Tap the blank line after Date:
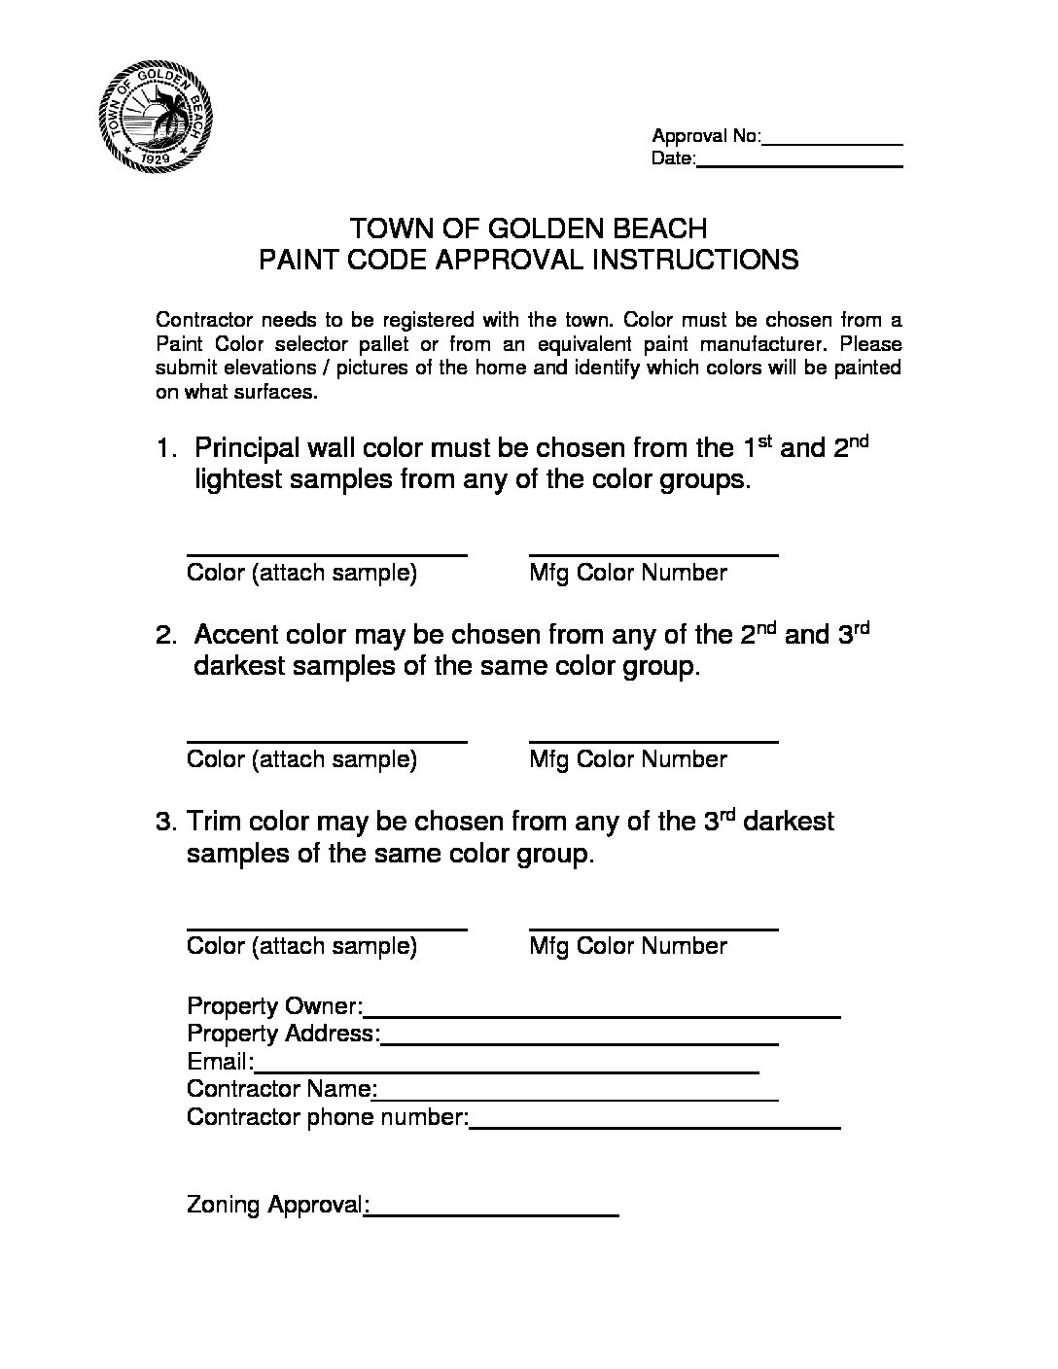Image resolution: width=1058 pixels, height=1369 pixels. [x=800, y=164]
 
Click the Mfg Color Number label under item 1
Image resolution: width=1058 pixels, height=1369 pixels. [x=628, y=573]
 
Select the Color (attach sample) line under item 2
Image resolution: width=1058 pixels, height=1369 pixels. [x=327, y=741]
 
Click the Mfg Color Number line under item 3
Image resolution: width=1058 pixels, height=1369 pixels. [x=653, y=929]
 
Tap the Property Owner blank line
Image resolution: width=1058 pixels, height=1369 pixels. [x=603, y=1015]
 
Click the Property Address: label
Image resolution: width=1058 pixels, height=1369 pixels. [x=283, y=1034]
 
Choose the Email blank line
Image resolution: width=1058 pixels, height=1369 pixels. [x=507, y=1071]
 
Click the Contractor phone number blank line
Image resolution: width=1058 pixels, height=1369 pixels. [x=655, y=1127]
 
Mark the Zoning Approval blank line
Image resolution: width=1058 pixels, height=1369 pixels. [x=494, y=1214]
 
